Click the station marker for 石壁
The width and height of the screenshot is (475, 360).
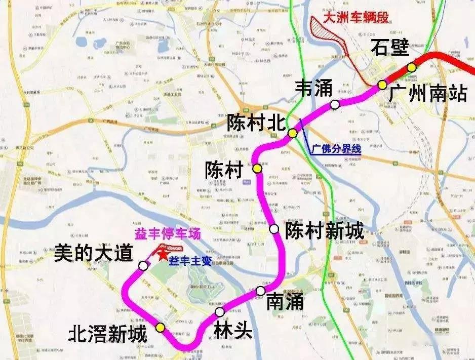(x=412, y=67)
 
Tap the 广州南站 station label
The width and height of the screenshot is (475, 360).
(x=428, y=94)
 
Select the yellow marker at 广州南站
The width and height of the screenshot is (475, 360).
(x=382, y=85)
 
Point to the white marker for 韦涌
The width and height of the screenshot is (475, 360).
(x=335, y=105)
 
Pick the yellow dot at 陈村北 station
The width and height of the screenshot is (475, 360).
(x=293, y=133)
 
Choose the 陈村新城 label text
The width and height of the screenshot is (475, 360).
(x=325, y=231)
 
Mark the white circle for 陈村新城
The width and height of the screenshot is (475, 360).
(x=274, y=229)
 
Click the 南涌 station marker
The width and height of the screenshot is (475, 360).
(x=260, y=291)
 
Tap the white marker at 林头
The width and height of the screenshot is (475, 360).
(x=219, y=311)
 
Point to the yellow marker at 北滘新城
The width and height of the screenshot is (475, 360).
(x=160, y=327)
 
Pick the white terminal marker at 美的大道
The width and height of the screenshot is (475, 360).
(x=144, y=265)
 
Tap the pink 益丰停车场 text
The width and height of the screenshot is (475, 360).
(x=168, y=234)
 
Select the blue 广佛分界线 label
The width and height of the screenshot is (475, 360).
(x=336, y=149)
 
